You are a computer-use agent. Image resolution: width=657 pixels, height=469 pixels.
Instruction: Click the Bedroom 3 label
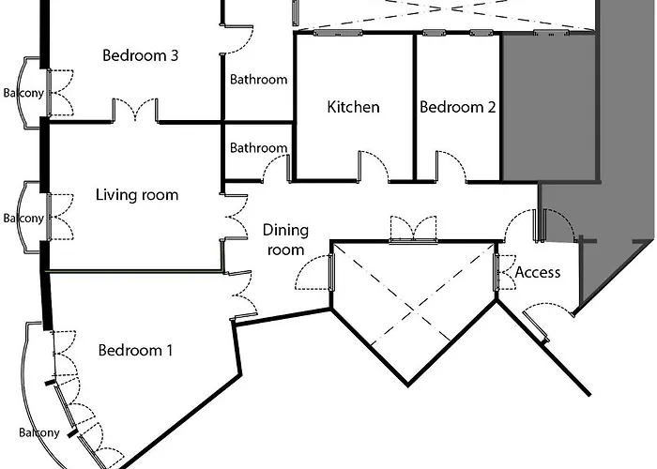pos(140,55)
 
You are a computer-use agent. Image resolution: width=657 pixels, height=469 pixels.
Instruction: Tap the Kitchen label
pos(353,107)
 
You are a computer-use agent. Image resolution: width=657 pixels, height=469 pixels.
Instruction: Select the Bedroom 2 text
pos(457,107)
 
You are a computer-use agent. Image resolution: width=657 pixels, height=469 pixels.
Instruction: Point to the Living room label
pos(137,195)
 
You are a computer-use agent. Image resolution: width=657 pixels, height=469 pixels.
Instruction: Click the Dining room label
pos(284,239)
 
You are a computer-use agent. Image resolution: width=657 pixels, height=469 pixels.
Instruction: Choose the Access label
pos(538,272)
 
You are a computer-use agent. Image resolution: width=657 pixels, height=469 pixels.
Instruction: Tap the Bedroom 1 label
pos(135,351)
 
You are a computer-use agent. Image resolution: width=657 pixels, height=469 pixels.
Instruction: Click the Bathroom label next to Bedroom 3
pos(258,80)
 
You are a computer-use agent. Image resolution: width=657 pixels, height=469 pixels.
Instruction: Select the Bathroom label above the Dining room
pos(258,148)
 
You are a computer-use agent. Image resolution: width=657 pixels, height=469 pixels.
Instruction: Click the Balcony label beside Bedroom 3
pos(21,94)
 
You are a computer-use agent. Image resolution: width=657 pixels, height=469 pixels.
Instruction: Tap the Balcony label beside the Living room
pos(21,219)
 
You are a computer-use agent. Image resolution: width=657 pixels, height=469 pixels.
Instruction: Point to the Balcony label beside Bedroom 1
pos(38,432)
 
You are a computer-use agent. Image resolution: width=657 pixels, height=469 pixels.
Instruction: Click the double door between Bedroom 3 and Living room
pos(135,113)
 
